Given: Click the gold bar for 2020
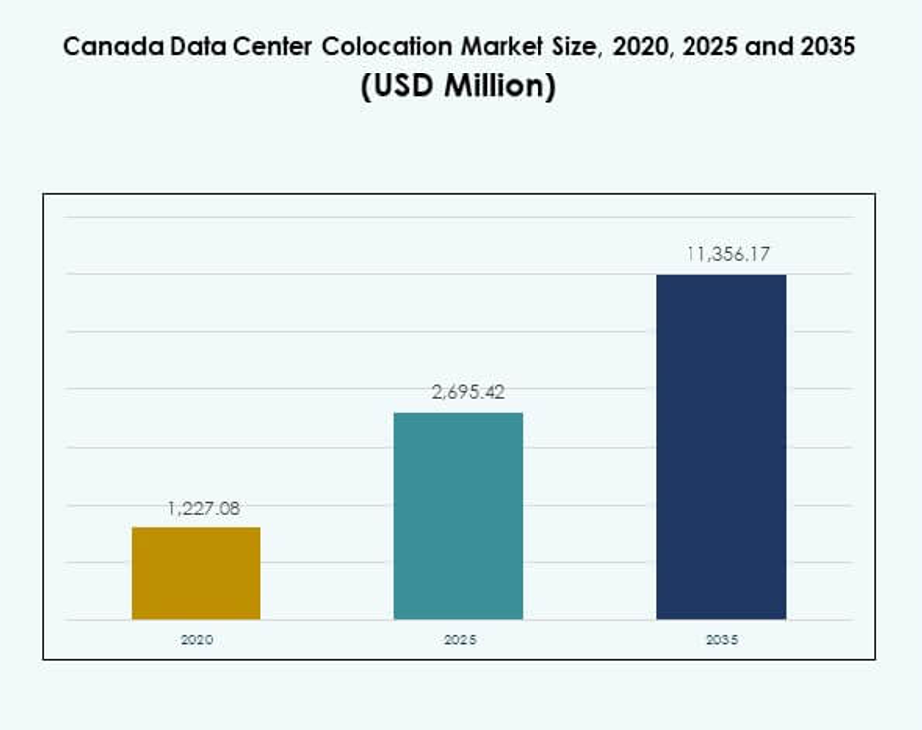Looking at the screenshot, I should (196, 573).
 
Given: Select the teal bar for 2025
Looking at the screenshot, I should (458, 515).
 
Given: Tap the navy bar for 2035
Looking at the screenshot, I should (720, 447).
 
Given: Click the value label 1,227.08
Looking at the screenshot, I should (203, 509).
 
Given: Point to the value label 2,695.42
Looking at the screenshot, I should (467, 393).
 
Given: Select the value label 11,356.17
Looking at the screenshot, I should (728, 255).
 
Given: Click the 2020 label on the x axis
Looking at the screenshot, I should (196, 640).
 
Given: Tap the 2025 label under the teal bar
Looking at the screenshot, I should (459, 640).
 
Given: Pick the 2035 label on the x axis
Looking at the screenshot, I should (721, 640).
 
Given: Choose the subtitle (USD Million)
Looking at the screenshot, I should (458, 87).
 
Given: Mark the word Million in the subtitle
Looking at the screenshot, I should (499, 87).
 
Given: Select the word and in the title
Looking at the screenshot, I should (774, 47).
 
